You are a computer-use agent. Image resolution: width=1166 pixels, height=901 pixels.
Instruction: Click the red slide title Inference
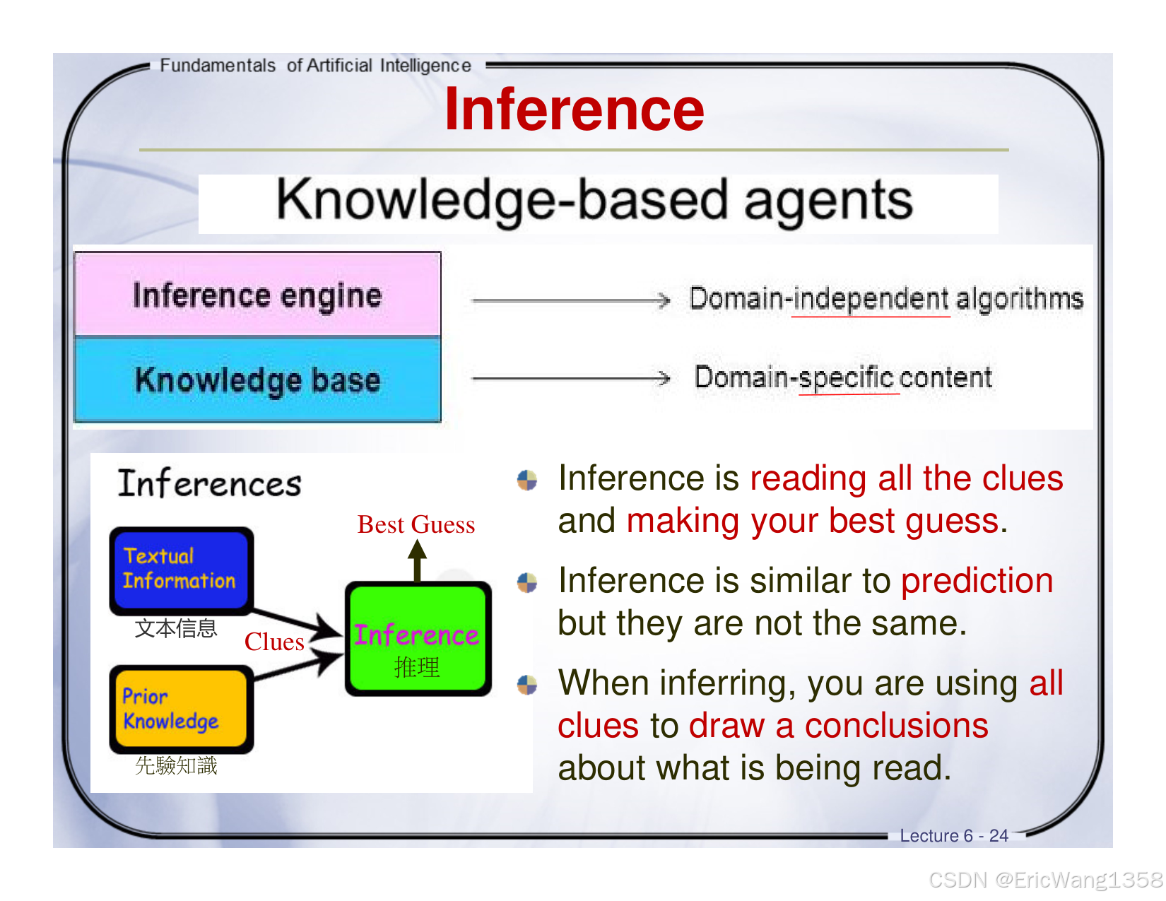[574, 110]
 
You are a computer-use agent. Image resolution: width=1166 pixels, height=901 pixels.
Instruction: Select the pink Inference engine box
[258, 295]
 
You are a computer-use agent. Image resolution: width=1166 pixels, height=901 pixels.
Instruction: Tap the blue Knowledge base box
[258, 380]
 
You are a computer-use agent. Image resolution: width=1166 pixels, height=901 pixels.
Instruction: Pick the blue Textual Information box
[181, 570]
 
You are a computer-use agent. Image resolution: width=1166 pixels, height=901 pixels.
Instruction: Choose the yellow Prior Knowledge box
[181, 709]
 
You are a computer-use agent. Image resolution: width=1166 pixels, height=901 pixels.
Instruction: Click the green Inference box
[418, 639]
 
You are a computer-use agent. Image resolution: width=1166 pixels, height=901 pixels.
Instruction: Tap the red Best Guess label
[416, 524]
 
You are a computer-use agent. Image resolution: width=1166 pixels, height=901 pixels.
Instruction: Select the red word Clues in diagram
[274, 642]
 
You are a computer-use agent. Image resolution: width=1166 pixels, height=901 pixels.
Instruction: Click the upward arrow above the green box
[418, 560]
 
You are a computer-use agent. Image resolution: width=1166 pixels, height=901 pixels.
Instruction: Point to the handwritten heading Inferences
[209, 484]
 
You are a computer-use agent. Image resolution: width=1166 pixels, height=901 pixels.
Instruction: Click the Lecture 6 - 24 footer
[953, 835]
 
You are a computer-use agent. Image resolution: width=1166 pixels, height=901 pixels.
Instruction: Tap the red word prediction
[977, 581]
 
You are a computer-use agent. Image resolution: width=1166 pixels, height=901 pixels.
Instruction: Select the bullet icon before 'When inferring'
[527, 684]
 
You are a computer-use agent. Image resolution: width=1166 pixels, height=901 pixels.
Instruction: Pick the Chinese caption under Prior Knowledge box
[176, 765]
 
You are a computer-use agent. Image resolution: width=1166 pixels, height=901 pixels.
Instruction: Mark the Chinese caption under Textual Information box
[176, 628]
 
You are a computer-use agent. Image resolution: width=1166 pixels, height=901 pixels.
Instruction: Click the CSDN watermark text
[1045, 880]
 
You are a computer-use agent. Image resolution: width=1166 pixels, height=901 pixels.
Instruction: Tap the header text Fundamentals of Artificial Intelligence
[315, 66]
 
